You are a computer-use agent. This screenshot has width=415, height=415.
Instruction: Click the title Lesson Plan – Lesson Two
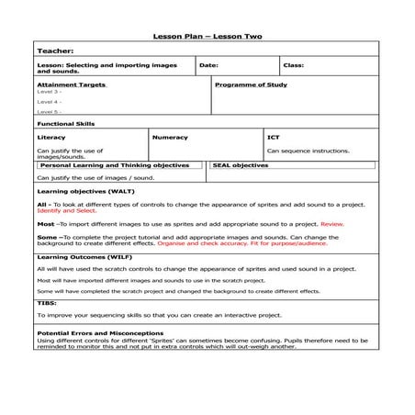[207, 36]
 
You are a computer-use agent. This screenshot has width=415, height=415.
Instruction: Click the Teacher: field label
[55, 51]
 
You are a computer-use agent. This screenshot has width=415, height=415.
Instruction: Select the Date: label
[208, 66]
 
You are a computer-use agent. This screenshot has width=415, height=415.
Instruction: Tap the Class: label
[294, 66]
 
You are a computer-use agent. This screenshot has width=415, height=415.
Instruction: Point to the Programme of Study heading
[251, 84]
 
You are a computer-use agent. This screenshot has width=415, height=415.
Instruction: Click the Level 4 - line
[50, 102]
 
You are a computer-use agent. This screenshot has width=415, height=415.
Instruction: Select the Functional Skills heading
[66, 123]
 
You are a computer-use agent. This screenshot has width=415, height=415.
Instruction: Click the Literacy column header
[52, 138]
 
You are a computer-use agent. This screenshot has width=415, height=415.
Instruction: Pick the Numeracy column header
[170, 138]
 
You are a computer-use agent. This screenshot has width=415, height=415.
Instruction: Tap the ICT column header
[274, 138]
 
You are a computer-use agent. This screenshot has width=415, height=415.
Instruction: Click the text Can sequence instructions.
[308, 151]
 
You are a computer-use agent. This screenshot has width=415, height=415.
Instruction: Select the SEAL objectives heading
[241, 165]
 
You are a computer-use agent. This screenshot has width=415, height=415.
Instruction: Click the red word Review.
[332, 223]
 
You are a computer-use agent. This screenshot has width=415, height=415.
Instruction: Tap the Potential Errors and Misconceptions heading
[100, 332]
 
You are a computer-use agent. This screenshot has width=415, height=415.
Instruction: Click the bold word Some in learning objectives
[46, 236]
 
